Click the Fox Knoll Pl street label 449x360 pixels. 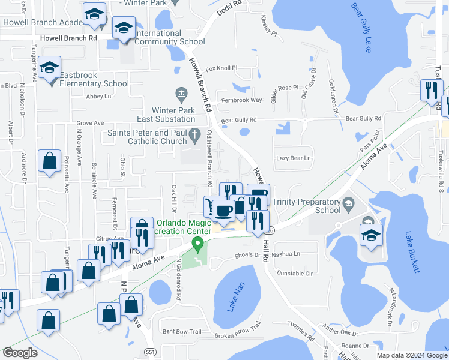point(222,69)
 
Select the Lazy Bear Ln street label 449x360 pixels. point(294,158)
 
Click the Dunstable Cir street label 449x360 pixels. point(295,273)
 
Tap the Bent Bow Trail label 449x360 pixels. point(181,331)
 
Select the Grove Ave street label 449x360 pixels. point(90,123)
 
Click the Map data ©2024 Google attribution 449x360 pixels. point(412,355)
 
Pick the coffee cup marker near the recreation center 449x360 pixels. point(224,211)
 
